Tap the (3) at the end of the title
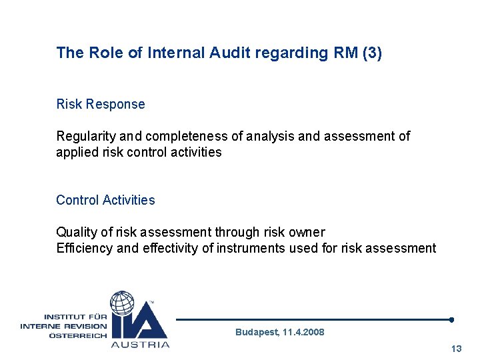tap(372, 53)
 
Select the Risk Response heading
tap(100, 104)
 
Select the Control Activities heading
tap(105, 200)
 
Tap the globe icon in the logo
tap(123, 303)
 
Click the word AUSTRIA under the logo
tap(140, 344)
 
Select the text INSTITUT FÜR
tap(75, 317)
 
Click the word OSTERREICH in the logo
tap(77, 335)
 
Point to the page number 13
tap(456, 349)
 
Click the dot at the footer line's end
tap(451, 319)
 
